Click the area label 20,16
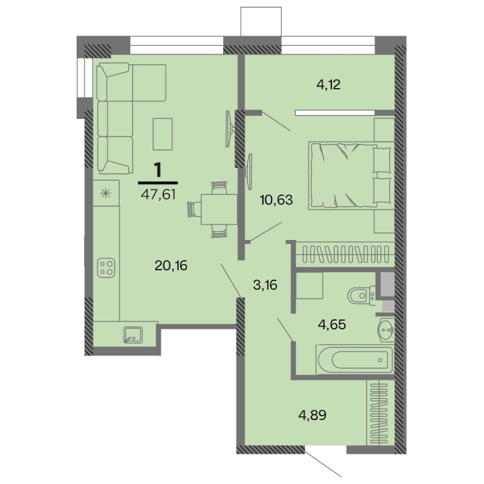tap(170, 265)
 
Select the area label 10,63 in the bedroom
tap(276, 199)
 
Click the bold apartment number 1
tap(158, 170)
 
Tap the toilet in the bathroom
tap(361, 294)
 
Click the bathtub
tap(354, 358)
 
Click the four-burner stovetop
tap(106, 268)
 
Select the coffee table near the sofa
tap(163, 133)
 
